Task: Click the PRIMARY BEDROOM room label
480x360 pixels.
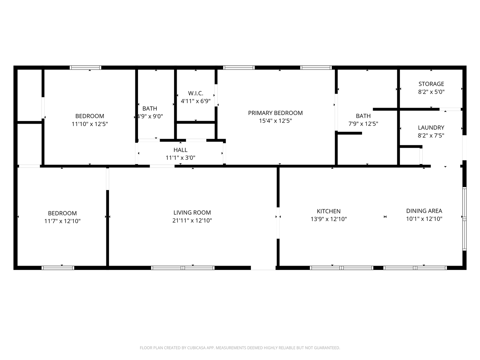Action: pyautogui.click(x=275, y=113)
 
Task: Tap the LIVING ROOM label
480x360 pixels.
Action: pyautogui.click(x=192, y=212)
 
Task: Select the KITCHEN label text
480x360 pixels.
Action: pyautogui.click(x=329, y=211)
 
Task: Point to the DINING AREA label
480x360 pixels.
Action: pyautogui.click(x=424, y=211)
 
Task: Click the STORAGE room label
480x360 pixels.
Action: pyautogui.click(x=431, y=84)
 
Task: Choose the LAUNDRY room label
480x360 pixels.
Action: pyautogui.click(x=431, y=128)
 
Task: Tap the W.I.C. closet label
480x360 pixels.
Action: pyautogui.click(x=196, y=93)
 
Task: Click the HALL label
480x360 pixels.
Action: pyautogui.click(x=180, y=150)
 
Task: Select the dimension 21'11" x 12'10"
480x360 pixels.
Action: pyautogui.click(x=192, y=220)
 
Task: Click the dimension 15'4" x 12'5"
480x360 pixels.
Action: pyautogui.click(x=276, y=121)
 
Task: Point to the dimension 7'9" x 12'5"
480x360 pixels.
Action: pyautogui.click(x=363, y=124)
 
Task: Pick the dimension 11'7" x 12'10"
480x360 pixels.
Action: pyautogui.click(x=62, y=221)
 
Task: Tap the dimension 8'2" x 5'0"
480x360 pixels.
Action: pyautogui.click(x=431, y=92)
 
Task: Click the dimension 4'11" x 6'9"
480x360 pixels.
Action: pyautogui.click(x=196, y=101)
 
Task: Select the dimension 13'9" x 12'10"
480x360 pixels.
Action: pyautogui.click(x=329, y=219)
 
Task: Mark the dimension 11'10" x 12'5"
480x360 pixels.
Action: pyautogui.click(x=90, y=124)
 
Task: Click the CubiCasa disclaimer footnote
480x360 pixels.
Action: pyautogui.click(x=240, y=348)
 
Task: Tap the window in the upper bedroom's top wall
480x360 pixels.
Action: pyautogui.click(x=86, y=68)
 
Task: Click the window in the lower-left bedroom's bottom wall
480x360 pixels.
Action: pyautogui.click(x=58, y=268)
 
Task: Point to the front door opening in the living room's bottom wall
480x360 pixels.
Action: pyautogui.click(x=263, y=268)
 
